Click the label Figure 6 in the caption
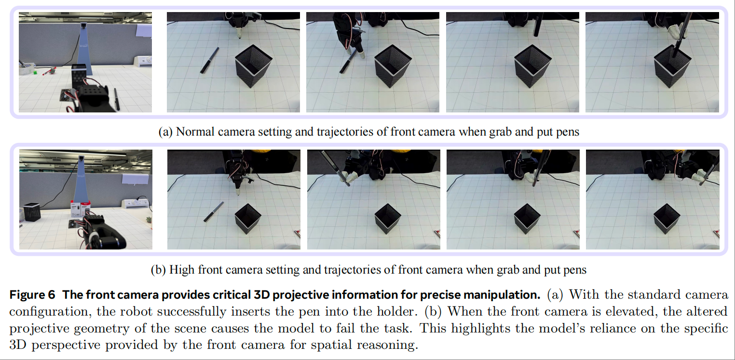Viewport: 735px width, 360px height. (32, 295)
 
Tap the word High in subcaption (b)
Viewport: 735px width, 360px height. (182, 270)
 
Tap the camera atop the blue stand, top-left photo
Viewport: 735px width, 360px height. (83, 26)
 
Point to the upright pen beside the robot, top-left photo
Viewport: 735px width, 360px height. (117, 99)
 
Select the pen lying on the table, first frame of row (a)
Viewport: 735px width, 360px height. (209, 60)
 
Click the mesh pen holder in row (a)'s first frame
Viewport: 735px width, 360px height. (253, 66)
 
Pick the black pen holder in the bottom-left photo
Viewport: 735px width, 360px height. (32, 212)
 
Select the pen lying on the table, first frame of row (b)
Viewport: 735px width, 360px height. (214, 212)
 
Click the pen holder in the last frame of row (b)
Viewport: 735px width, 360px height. (667, 219)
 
